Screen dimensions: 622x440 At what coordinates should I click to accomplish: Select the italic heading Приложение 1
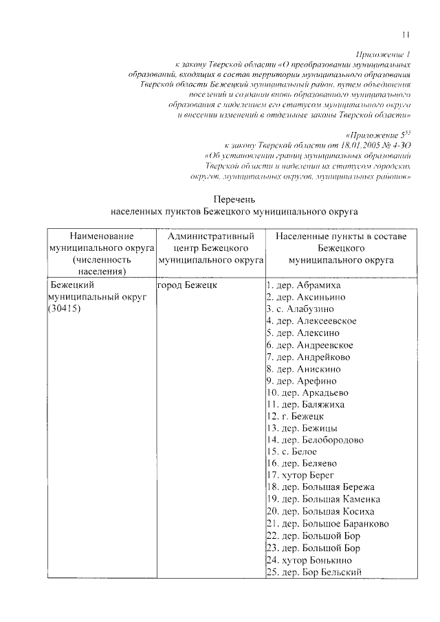[x=384, y=53]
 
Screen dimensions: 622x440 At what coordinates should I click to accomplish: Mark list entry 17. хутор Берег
[x=300, y=475]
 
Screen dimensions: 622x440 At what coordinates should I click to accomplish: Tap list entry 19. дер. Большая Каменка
[x=322, y=499]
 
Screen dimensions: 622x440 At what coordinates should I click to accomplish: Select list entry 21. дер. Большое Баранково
[x=327, y=523]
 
